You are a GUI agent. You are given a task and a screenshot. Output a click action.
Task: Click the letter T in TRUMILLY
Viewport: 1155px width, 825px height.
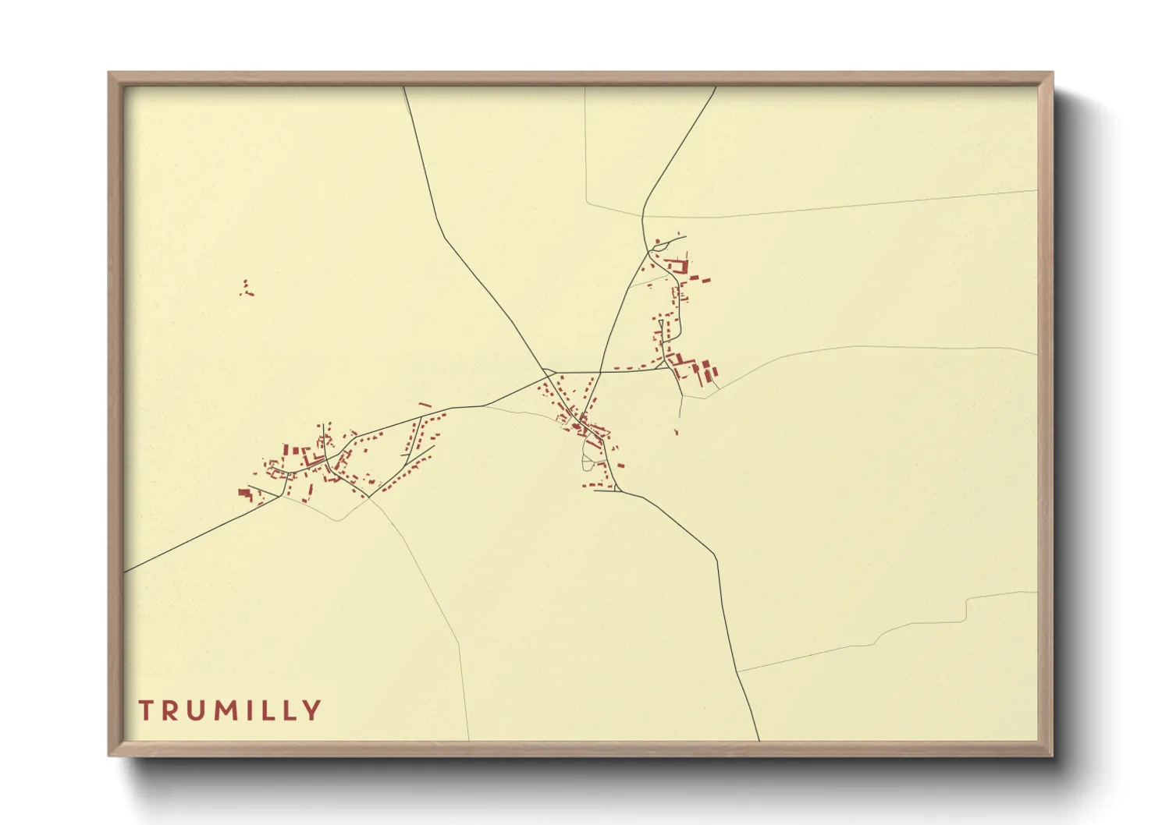click(x=146, y=710)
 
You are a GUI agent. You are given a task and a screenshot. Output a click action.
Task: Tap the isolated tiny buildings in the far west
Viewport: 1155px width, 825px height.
click(x=247, y=289)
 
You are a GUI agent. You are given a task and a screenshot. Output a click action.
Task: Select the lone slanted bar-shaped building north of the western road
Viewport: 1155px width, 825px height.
click(x=425, y=405)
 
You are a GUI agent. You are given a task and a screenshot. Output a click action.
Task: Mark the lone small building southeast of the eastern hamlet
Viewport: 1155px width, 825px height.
click(x=677, y=430)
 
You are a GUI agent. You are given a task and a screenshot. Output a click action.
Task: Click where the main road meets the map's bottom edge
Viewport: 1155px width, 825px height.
click(x=759, y=740)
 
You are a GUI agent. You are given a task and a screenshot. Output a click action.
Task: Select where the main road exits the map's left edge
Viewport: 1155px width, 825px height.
click(x=125, y=572)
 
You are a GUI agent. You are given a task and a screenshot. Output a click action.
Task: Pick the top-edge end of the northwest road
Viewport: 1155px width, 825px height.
click(x=403, y=87)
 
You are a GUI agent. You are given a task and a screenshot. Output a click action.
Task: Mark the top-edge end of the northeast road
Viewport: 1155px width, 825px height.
click(x=716, y=87)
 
